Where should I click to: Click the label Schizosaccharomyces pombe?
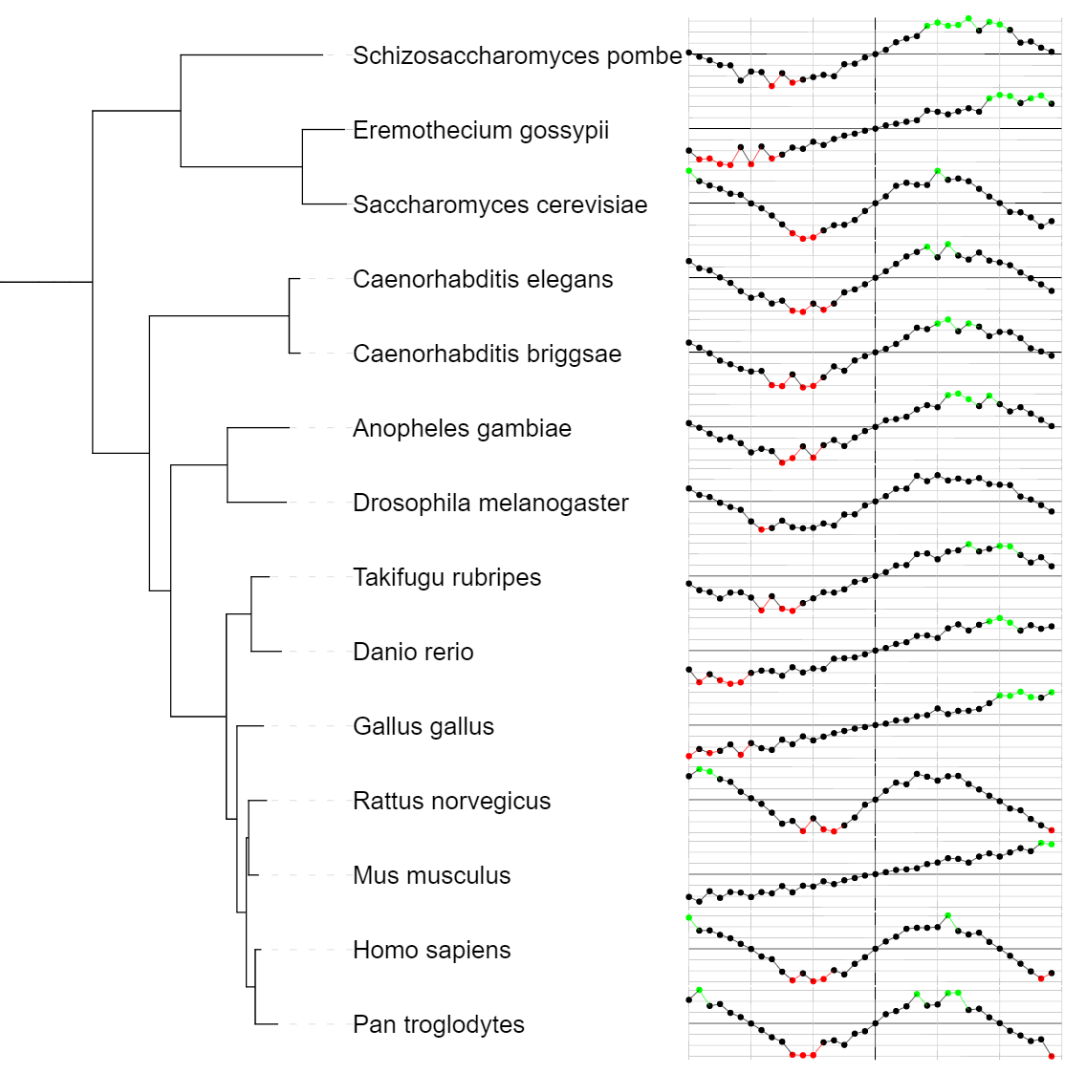(x=517, y=56)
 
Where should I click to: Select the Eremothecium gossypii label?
(x=481, y=131)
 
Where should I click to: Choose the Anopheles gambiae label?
(x=462, y=429)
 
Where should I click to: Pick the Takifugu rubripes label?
(x=446, y=578)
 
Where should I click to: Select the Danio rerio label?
(x=413, y=653)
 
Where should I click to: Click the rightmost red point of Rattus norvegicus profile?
(x=1052, y=829)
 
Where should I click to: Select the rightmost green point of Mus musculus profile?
(x=1052, y=844)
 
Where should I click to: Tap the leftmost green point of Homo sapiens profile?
(x=689, y=917)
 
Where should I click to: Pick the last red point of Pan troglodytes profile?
(x=1052, y=1056)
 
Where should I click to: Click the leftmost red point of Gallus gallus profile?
(x=689, y=756)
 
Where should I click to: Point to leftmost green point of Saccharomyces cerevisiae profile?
(x=689, y=171)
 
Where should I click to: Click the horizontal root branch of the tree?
(x=46, y=282)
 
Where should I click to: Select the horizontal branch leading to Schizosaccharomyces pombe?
(x=251, y=55)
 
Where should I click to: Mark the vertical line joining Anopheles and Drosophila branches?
(x=228, y=464)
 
